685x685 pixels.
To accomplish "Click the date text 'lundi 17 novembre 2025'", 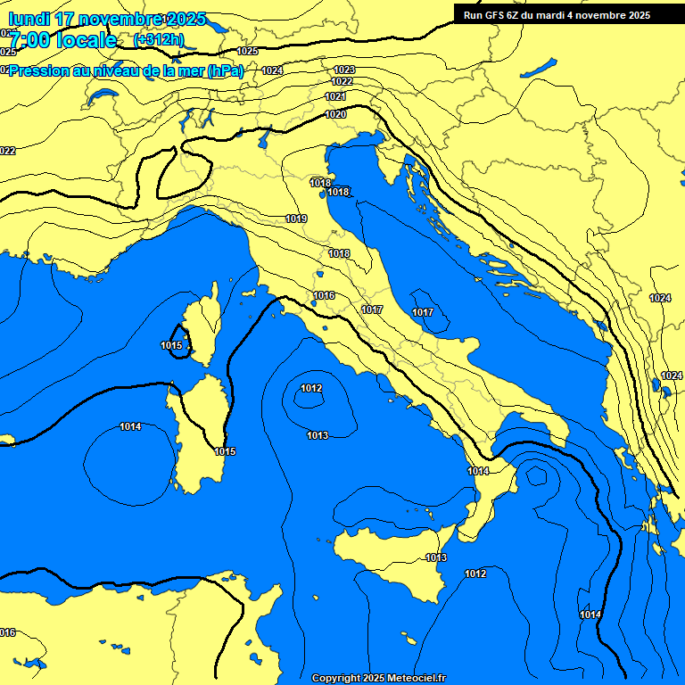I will (x=107, y=19).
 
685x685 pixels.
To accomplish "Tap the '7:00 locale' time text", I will (x=62, y=39).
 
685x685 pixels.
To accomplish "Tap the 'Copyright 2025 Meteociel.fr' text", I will (x=378, y=678).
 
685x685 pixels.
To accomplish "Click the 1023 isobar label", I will (x=344, y=70).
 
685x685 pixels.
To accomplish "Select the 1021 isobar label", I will (x=335, y=96).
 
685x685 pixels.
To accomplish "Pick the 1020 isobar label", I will (x=335, y=114).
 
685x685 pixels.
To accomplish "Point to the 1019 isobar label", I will (x=296, y=219).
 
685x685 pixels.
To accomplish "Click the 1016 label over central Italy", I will (x=324, y=295).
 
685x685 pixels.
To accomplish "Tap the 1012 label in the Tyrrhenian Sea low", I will (x=310, y=387).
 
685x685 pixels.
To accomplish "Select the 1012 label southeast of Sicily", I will (x=475, y=574).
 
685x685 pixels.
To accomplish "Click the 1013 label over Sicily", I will (x=436, y=557).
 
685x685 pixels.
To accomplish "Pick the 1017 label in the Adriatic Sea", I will (x=423, y=312).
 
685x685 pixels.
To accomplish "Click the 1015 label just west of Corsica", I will (x=171, y=345).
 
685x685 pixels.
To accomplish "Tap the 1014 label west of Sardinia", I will (x=130, y=426).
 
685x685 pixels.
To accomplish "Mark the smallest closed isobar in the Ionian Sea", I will (x=536, y=475).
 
